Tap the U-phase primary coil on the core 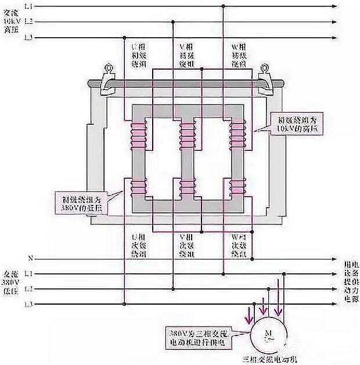pyautogui.click(x=138, y=134)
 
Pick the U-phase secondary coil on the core pyautogui.click(x=138, y=186)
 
